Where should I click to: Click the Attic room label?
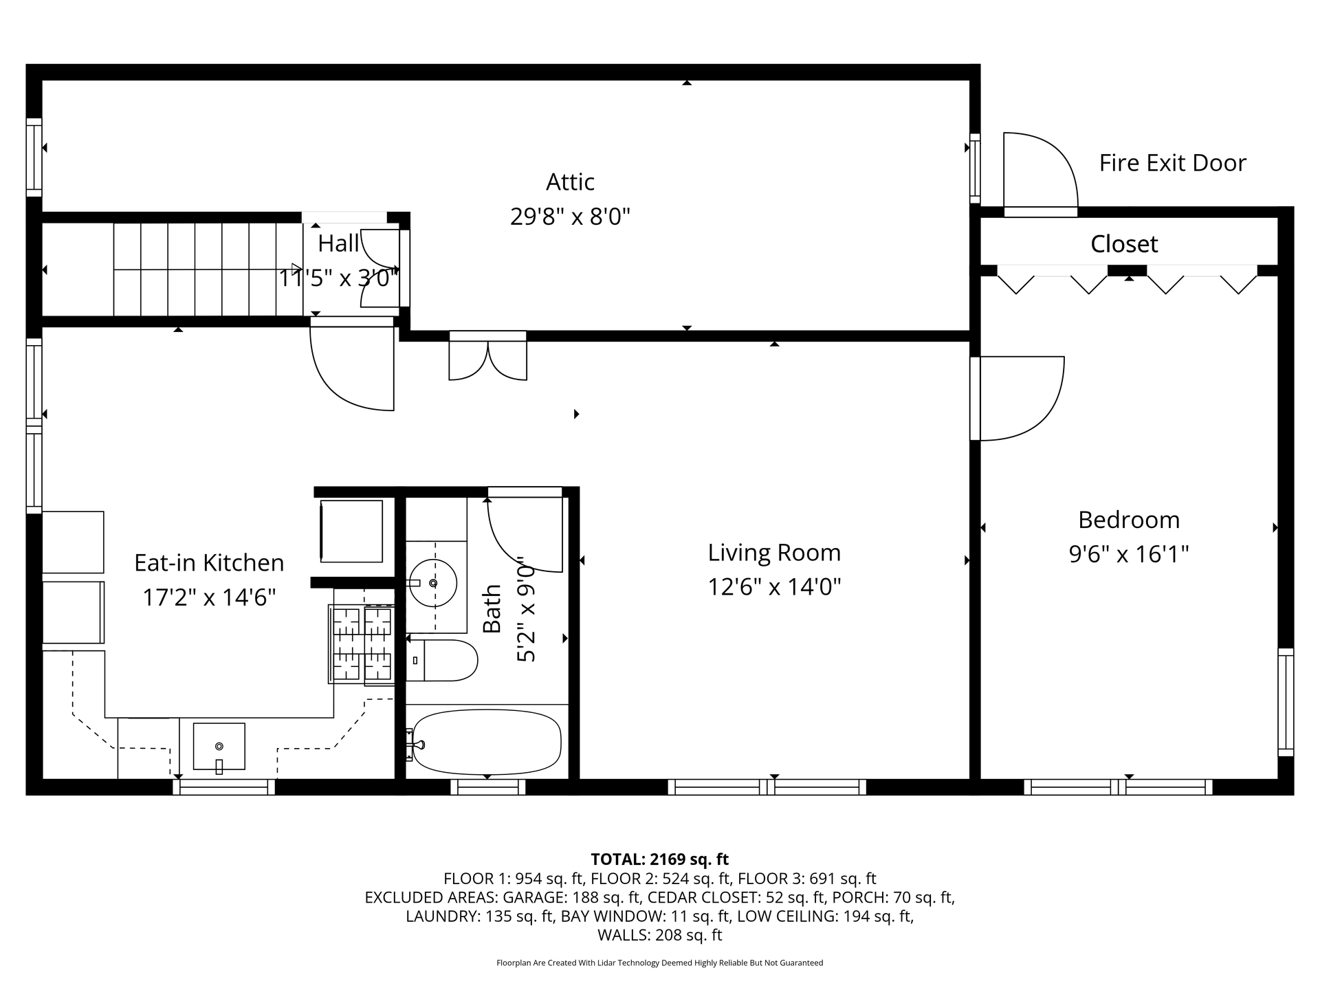click(x=570, y=182)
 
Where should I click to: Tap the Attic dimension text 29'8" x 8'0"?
click(x=570, y=217)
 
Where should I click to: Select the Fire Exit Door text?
click(x=1172, y=163)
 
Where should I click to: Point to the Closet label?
click(x=1124, y=244)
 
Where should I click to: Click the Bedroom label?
click(x=1129, y=520)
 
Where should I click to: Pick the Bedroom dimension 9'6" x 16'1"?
click(x=1129, y=554)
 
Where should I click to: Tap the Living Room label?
click(x=774, y=553)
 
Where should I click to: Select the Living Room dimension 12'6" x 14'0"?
click(x=774, y=587)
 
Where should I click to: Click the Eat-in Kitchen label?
click(x=209, y=563)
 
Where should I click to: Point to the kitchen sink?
click(x=219, y=747)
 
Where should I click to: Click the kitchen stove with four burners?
click(x=362, y=643)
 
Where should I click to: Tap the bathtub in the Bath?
click(x=485, y=742)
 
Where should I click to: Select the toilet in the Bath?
click(x=442, y=661)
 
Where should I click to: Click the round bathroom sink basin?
click(x=432, y=583)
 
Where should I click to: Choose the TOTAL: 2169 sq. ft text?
click(x=660, y=859)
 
